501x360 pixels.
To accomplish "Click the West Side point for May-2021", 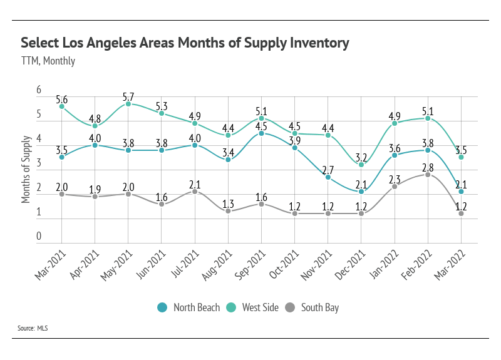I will tap(128, 104).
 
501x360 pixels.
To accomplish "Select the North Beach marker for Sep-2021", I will tap(261, 133).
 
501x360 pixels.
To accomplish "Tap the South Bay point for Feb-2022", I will tap(428, 175).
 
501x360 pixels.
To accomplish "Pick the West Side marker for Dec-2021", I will tap(361, 165).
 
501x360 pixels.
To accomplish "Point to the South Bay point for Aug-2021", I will tap(228, 211).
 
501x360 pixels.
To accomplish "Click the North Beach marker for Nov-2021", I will tap(328, 177).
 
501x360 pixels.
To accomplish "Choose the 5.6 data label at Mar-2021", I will tap(62, 100).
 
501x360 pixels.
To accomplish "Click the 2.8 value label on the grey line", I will tap(428, 167).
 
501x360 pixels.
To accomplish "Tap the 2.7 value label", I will tap(328, 169).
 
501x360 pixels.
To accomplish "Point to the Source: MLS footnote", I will tap(33, 327).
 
